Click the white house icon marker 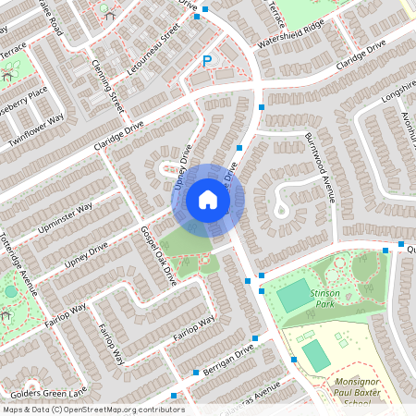pos(208,199)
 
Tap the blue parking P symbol pos(207,61)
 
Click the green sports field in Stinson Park pos(293,297)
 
